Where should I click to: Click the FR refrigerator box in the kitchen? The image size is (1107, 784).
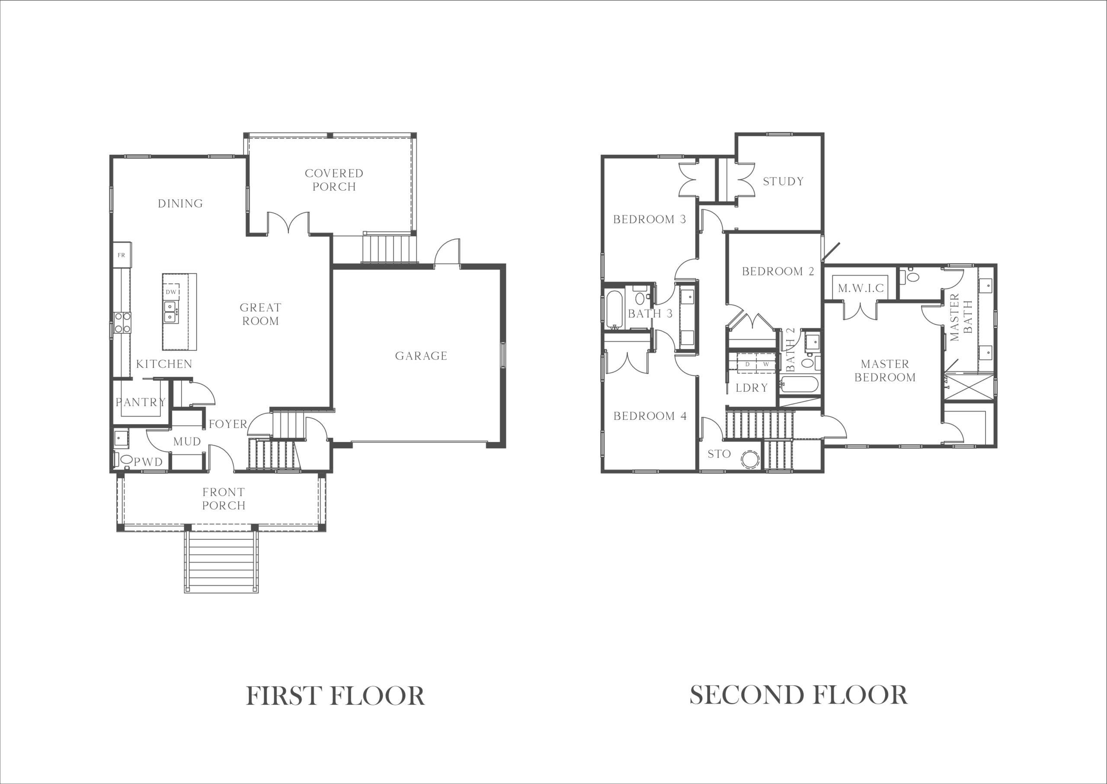point(122,255)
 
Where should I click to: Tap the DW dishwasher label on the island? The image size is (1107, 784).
point(171,291)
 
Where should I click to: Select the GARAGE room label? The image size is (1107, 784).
point(421,356)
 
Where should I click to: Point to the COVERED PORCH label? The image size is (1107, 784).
point(334,179)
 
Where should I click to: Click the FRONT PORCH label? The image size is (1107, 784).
point(224,499)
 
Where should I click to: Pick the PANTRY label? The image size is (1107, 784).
point(141,402)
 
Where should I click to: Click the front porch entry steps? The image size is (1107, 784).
point(221,561)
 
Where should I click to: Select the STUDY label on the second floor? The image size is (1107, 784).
point(783,182)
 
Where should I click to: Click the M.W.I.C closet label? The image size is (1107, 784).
point(861,288)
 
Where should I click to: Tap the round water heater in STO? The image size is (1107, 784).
point(750,459)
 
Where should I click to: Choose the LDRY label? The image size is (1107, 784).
point(752,387)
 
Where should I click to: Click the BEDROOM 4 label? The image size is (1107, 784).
point(650,416)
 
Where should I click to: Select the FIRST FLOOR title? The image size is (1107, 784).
point(335,696)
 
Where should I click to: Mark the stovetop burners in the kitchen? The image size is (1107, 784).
point(122,323)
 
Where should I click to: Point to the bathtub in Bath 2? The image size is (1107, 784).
point(800,385)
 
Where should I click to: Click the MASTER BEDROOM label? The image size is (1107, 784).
point(885,371)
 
